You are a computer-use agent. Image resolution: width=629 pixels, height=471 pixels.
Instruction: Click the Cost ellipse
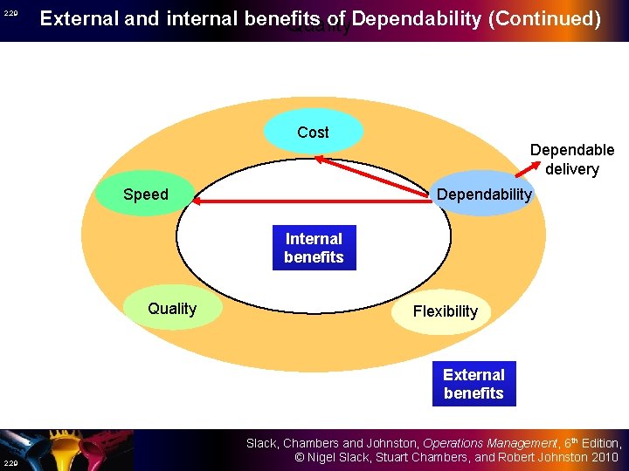pos(313,133)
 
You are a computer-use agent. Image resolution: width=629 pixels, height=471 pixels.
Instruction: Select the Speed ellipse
pos(146,195)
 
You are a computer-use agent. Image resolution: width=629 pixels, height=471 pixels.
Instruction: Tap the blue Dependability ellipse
pos(483,195)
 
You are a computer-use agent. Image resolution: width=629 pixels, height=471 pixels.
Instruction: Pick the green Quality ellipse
pos(172,309)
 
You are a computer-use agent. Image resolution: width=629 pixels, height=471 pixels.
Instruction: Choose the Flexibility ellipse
pos(445,311)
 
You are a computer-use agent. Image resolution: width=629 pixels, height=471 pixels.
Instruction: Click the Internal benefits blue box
pos(314,248)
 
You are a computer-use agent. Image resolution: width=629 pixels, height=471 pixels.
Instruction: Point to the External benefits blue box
pos(473,384)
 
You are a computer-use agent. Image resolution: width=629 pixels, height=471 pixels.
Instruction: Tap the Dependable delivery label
pos(572,159)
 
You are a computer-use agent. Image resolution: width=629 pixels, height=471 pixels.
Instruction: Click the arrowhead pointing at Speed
pos(197,201)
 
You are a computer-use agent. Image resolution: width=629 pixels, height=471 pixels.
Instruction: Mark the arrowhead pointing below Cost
pos(319,158)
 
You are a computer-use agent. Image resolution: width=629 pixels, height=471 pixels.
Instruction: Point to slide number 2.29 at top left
pos(10,14)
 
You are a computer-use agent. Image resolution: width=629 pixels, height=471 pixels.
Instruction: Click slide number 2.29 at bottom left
pos(10,462)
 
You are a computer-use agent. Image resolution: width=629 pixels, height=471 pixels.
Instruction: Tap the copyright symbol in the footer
pos(298,457)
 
